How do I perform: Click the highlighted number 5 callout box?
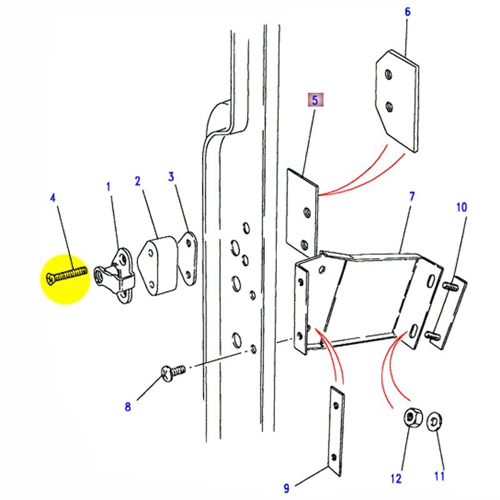pyautogui.click(x=315, y=99)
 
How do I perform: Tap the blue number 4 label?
pyautogui.click(x=53, y=197)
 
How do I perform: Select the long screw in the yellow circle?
pyautogui.click(x=66, y=273)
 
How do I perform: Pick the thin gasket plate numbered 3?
pyautogui.click(x=188, y=257)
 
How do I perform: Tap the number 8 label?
pyautogui.click(x=128, y=407)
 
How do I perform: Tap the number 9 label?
pyautogui.click(x=286, y=487)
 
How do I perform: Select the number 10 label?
pyautogui.click(x=461, y=207)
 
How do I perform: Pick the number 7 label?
pyautogui.click(x=411, y=197)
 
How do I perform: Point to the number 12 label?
pyautogui.click(x=395, y=478)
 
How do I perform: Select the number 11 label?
pyautogui.click(x=439, y=476)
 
